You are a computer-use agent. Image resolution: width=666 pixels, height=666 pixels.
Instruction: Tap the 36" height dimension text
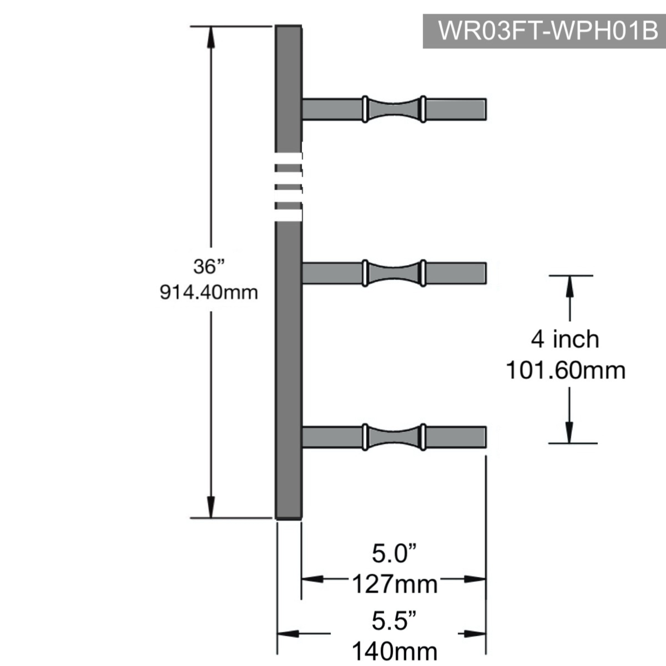[x=209, y=266]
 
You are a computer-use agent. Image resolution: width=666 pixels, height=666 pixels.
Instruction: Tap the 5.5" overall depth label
[x=394, y=620]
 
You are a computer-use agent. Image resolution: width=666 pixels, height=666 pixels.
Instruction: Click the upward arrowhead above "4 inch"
[x=570, y=286]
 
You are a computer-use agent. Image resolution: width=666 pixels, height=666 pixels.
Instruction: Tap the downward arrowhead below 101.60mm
[x=570, y=433]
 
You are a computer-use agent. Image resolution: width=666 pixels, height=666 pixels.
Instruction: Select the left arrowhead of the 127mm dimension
[x=312, y=579]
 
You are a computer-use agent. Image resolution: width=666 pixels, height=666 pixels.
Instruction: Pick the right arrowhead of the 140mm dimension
[x=475, y=634]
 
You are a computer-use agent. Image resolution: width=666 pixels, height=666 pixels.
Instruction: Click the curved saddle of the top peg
[x=394, y=109]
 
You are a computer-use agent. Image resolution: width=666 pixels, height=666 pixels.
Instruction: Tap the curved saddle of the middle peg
[x=394, y=273]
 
